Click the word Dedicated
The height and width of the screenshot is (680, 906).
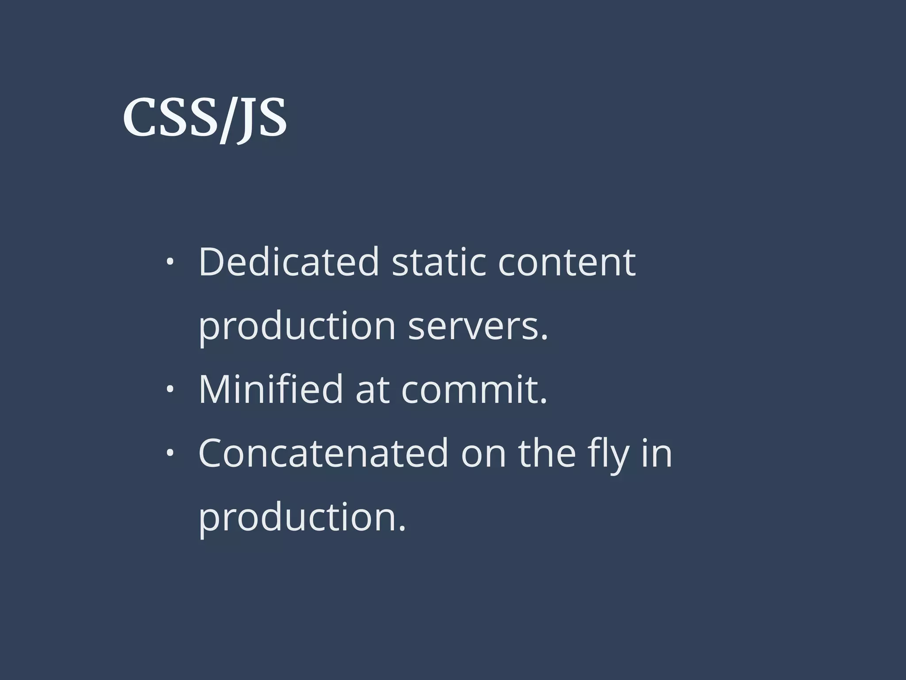pyautogui.click(x=289, y=262)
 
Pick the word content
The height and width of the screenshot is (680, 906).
pyautogui.click(x=567, y=262)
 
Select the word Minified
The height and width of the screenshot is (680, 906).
pyautogui.click(x=271, y=390)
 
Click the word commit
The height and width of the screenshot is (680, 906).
pyautogui.click(x=474, y=390)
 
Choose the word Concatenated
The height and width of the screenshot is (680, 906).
pyautogui.click(x=323, y=453)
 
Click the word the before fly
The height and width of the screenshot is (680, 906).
pyautogui.click(x=547, y=453)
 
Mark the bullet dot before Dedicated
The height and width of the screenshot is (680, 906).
pyautogui.click(x=169, y=263)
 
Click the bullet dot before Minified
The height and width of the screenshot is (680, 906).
pyautogui.click(x=169, y=390)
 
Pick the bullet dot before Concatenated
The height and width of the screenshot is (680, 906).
pyautogui.click(x=169, y=453)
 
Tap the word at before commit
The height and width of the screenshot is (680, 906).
pyautogui.click(x=372, y=390)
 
